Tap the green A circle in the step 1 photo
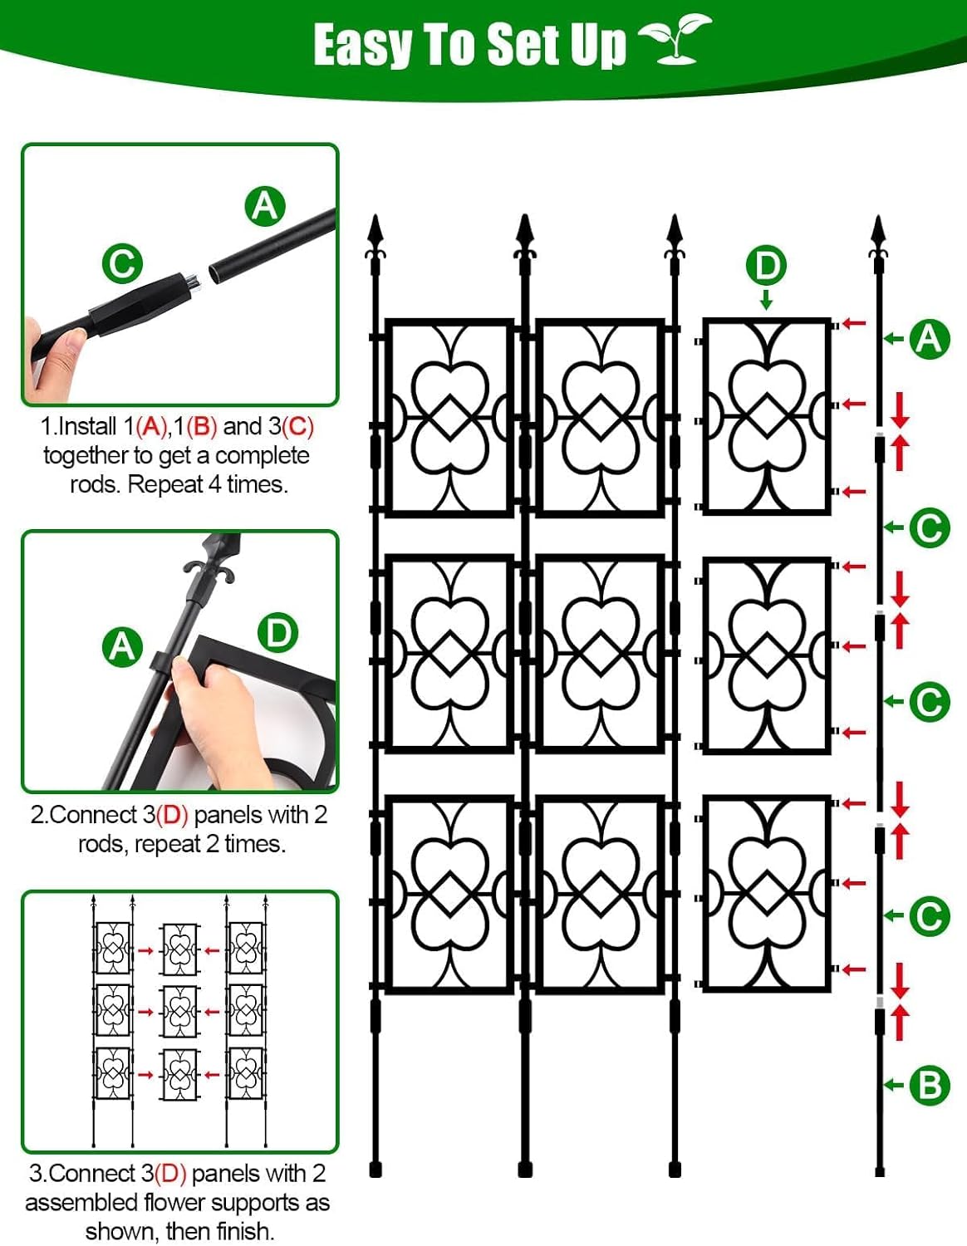click(265, 206)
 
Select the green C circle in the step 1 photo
click(122, 264)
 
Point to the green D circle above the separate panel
click(766, 266)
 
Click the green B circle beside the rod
click(930, 1085)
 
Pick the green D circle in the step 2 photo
click(277, 634)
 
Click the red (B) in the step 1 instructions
click(202, 427)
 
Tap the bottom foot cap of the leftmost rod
click(376, 1170)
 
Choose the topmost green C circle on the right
click(930, 527)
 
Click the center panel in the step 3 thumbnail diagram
click(179, 1012)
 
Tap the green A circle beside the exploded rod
click(930, 339)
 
